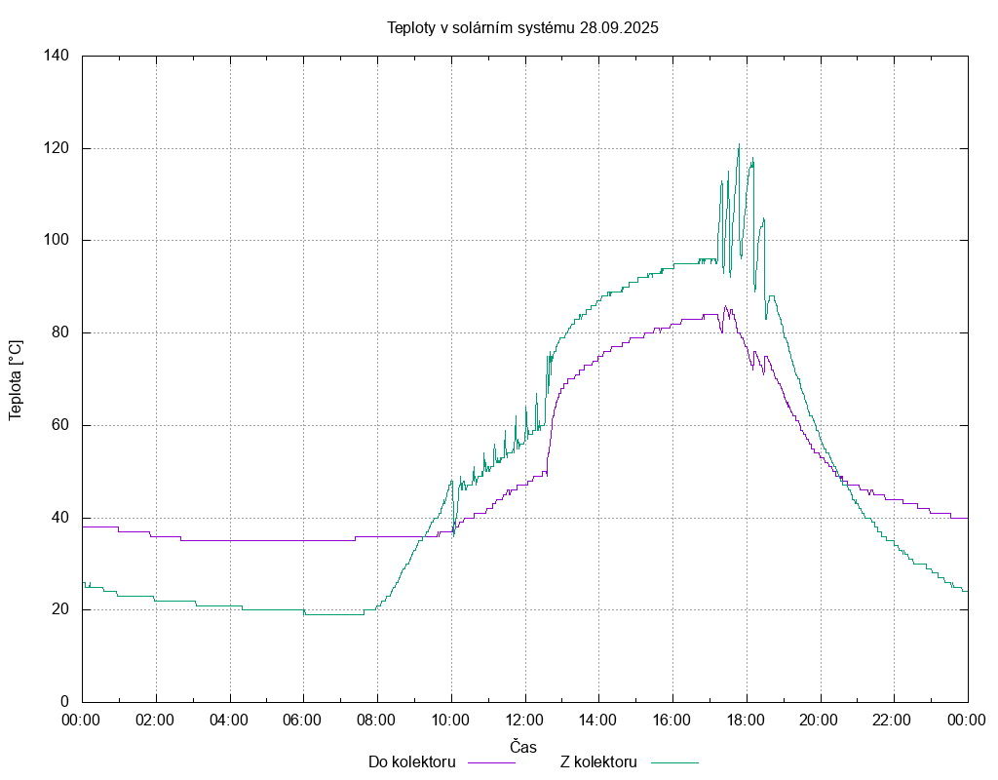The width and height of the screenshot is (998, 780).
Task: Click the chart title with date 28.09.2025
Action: (x=522, y=27)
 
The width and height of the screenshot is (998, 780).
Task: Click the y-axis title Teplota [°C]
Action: (x=16, y=379)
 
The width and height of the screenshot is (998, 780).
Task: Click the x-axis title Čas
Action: (x=523, y=746)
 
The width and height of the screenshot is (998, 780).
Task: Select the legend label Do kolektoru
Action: (x=411, y=761)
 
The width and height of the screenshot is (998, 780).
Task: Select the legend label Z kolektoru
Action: (x=598, y=761)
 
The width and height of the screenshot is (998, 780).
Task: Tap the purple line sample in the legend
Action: (x=492, y=762)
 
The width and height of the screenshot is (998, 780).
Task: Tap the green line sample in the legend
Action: (x=676, y=762)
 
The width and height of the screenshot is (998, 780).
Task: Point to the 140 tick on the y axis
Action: (x=56, y=56)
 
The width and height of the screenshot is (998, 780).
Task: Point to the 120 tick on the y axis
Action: (x=56, y=148)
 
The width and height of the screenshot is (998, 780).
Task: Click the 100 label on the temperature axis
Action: (x=56, y=241)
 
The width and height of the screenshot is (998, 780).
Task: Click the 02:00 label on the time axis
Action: (x=155, y=721)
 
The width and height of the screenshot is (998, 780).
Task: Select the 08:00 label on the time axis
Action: (x=376, y=721)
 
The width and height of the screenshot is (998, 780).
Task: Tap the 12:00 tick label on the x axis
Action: (x=524, y=721)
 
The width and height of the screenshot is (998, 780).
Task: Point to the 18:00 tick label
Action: (x=746, y=721)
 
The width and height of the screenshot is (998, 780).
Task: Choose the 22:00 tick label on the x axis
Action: (x=893, y=721)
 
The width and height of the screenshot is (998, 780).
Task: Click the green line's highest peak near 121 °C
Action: (x=739, y=144)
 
